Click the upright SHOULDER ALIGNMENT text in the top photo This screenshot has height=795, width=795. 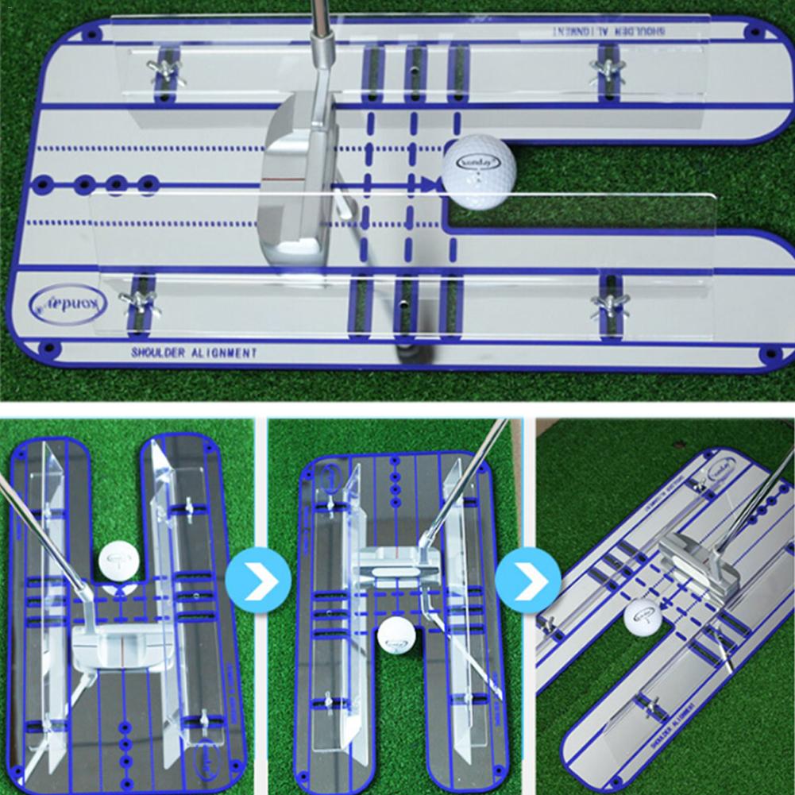click(x=194, y=353)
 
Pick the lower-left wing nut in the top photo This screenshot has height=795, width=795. click(x=138, y=300)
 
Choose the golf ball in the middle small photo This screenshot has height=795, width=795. click(x=396, y=639)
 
